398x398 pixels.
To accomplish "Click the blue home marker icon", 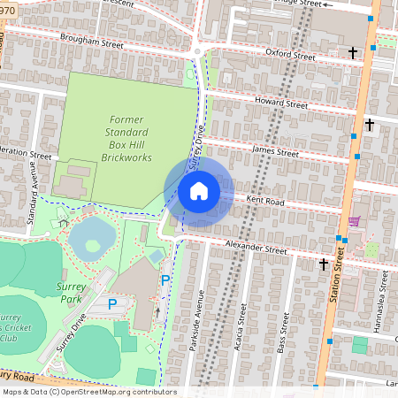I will (199, 190).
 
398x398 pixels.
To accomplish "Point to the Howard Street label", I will (280, 103).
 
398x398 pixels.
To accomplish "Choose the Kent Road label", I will (264, 200).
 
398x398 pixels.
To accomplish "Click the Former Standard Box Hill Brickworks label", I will (126, 138).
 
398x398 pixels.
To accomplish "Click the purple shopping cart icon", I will (354, 221).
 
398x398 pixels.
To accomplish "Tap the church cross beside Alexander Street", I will (324, 263).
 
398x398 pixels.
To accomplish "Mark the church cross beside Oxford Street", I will (353, 53).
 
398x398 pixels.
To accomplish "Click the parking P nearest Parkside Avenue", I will (165, 280).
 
